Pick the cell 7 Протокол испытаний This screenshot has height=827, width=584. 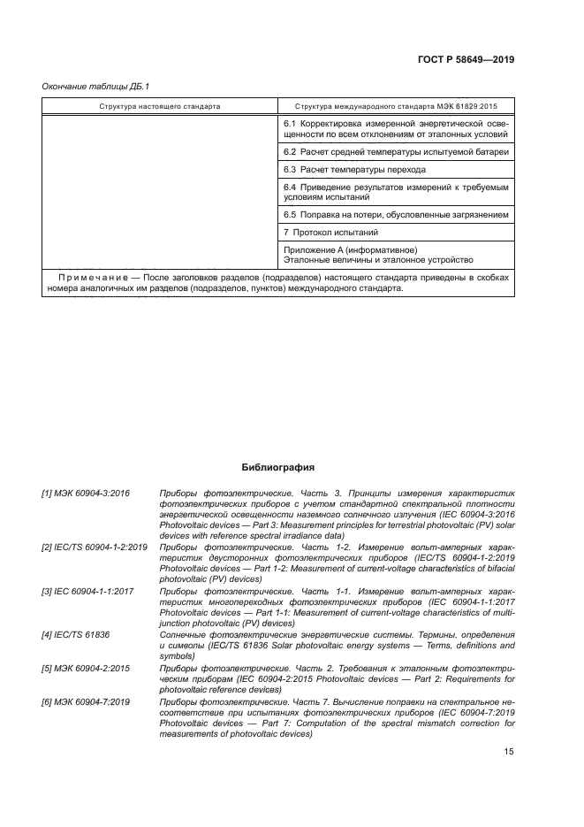click(331, 232)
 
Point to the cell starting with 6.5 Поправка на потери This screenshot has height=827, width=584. click(396, 214)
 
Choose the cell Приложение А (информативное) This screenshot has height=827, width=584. click(351, 250)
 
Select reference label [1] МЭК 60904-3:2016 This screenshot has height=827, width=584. click(83, 491)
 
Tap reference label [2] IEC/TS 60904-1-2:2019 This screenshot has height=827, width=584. click(95, 548)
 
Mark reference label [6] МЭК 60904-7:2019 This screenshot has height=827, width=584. click(83, 701)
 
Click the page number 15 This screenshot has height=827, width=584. click(508, 751)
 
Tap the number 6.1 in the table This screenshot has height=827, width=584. click(290, 126)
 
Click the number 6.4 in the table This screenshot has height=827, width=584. click(290, 188)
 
